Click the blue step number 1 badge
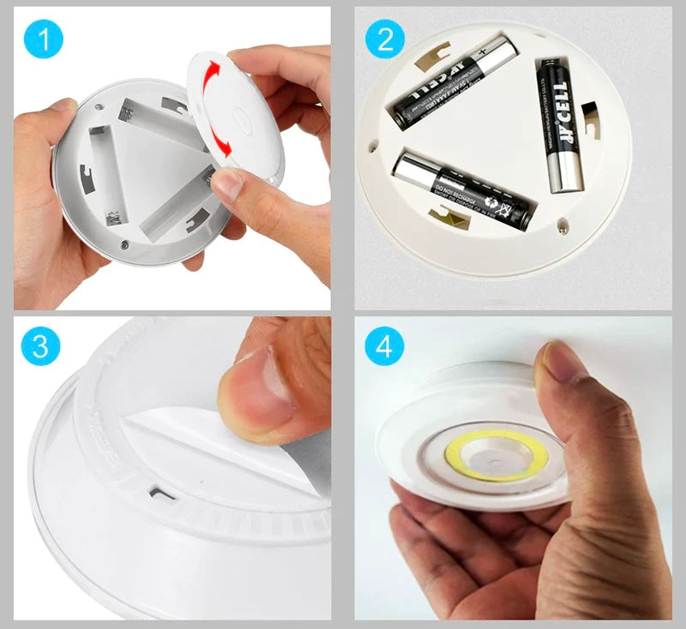[41, 41]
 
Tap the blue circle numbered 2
[384, 41]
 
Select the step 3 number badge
[41, 347]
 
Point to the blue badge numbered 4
[384, 347]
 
